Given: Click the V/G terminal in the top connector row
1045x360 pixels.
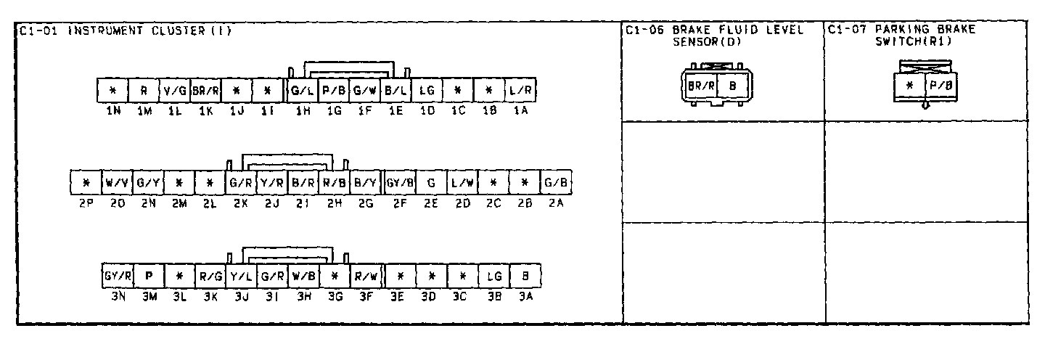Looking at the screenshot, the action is [175, 90].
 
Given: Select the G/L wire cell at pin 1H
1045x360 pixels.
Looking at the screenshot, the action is [301, 90].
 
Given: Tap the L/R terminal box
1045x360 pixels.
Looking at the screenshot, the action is [520, 90].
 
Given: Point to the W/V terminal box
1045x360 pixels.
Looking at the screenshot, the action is [117, 181].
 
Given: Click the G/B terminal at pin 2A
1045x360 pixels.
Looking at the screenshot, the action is [556, 181].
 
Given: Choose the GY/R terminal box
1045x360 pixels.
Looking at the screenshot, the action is [118, 276].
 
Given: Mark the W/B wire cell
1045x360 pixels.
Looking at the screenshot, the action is [303, 276].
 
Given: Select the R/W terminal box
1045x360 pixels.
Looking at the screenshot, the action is [364, 276].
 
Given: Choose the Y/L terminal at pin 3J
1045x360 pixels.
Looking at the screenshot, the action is [241, 276].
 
